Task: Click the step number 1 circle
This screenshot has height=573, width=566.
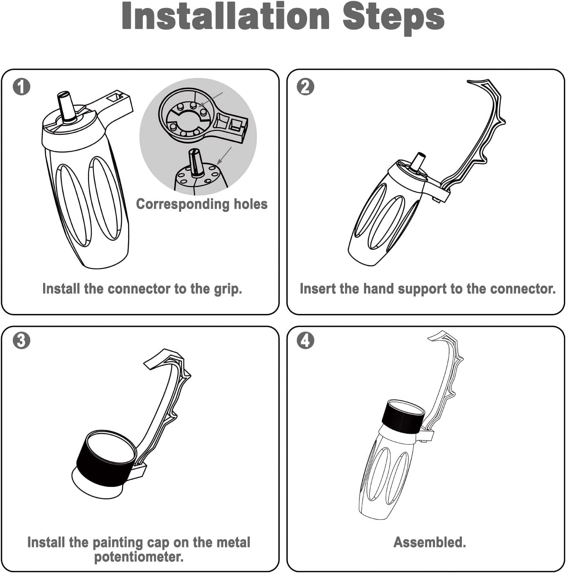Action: point(22,87)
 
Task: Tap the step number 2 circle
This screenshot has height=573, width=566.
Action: point(305,87)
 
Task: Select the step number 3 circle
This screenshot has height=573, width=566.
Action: point(22,340)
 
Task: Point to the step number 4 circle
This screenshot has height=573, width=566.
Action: point(305,340)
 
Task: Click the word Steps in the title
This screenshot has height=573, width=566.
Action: point(393,18)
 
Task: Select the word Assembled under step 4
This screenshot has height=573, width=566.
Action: point(430,542)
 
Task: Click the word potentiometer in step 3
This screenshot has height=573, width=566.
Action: point(139,557)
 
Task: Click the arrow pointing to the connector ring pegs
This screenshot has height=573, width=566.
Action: point(211,99)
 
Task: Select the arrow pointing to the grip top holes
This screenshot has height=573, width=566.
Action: point(225,156)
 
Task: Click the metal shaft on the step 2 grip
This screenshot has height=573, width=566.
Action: point(419,162)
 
